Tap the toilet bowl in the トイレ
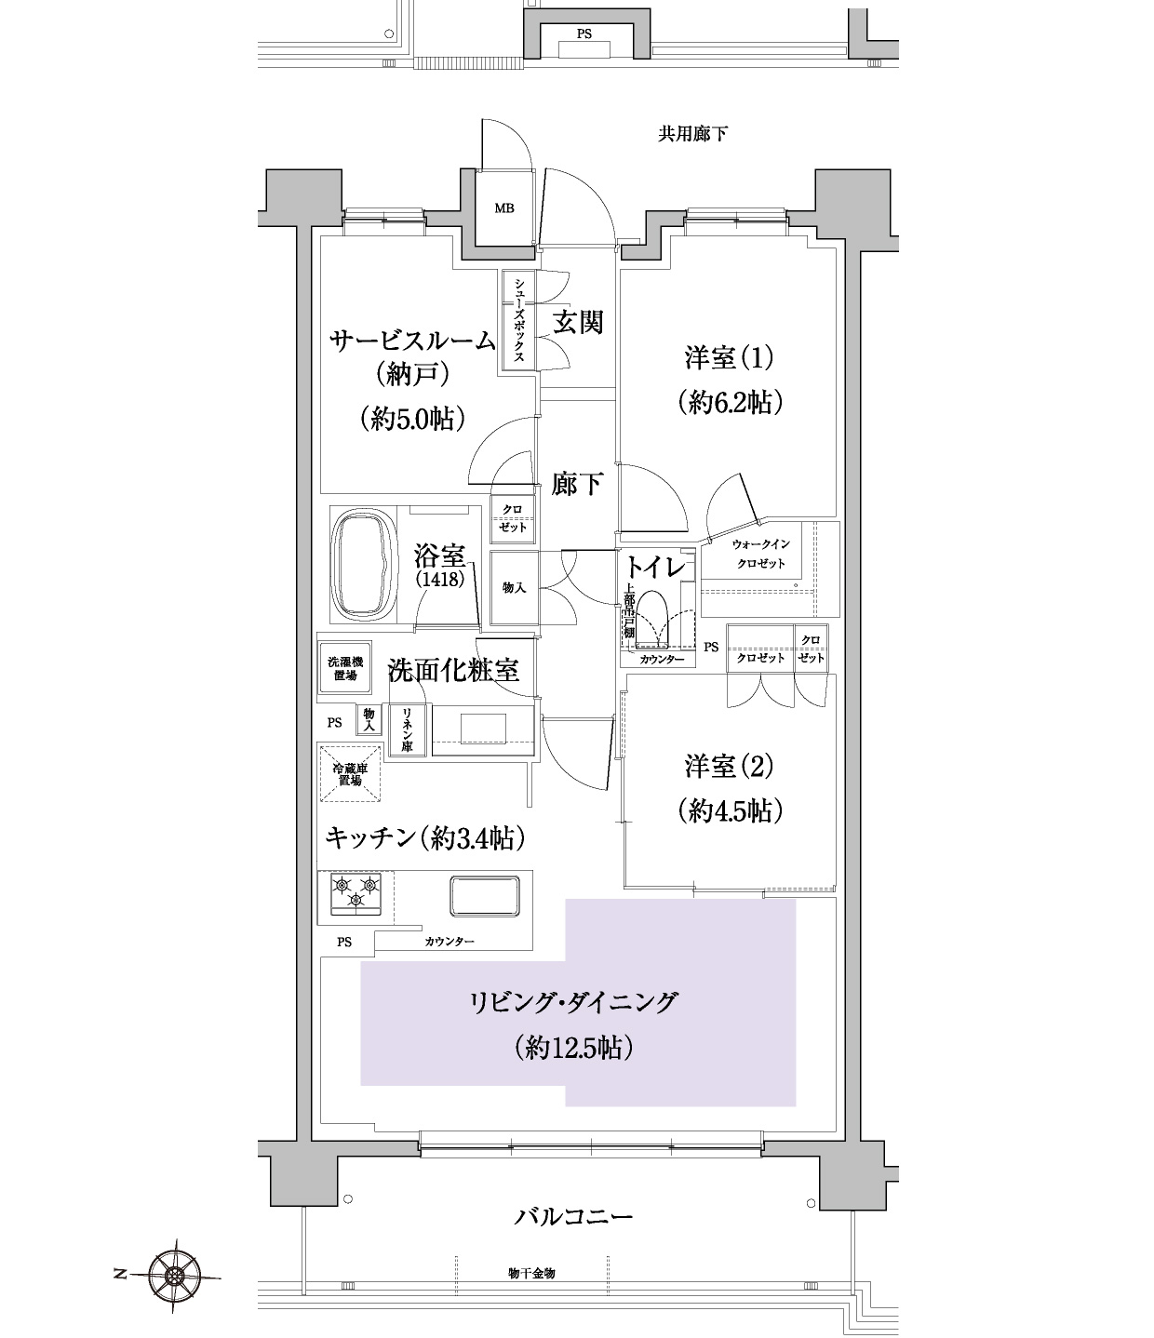coord(652,620)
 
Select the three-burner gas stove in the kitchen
coord(356,894)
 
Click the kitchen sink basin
coord(485,896)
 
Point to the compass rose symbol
coord(173,1276)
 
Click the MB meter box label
coord(504,208)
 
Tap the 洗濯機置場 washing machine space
coord(344,669)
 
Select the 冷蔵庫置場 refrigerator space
coord(349,773)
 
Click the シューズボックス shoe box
coord(518,320)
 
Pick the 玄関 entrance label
coord(578,322)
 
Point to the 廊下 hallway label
coord(577,483)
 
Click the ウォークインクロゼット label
coord(761,554)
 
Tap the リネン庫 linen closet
coord(407,729)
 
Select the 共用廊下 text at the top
coord(693,134)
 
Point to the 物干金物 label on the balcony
coord(531,1273)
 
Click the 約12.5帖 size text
coord(573,1047)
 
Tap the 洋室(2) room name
coord(730,766)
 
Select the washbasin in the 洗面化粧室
coord(483,729)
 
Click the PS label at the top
coord(584,33)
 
